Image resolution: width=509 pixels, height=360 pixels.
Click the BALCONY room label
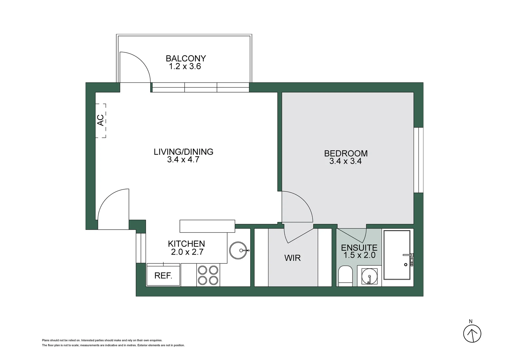coord(186,58)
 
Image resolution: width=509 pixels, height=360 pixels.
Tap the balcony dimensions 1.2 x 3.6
coord(185,66)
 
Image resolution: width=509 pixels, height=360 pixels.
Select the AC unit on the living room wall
coord(101,120)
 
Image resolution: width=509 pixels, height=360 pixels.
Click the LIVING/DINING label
coord(183,152)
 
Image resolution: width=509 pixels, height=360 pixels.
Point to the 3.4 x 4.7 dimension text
coord(183,160)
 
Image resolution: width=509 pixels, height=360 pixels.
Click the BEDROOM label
coord(346,153)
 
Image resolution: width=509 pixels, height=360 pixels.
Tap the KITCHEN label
coord(186,244)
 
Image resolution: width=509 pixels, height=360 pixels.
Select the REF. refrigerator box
coord(163,275)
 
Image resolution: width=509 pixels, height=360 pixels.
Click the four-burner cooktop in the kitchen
coord(208,275)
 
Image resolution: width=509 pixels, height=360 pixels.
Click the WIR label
coord(292,258)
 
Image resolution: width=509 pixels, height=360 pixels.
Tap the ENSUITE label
coord(359,248)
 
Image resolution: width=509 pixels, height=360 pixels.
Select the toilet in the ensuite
coord(345,276)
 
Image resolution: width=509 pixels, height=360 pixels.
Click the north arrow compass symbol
coord(472,333)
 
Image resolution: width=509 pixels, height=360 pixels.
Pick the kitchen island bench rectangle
coord(207,226)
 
